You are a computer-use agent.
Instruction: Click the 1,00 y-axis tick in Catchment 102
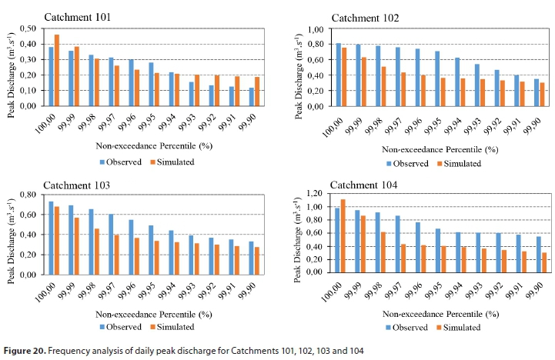point(313,29)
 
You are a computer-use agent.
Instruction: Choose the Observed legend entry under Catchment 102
point(410,163)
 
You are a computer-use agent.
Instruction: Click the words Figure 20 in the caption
point(25,352)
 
